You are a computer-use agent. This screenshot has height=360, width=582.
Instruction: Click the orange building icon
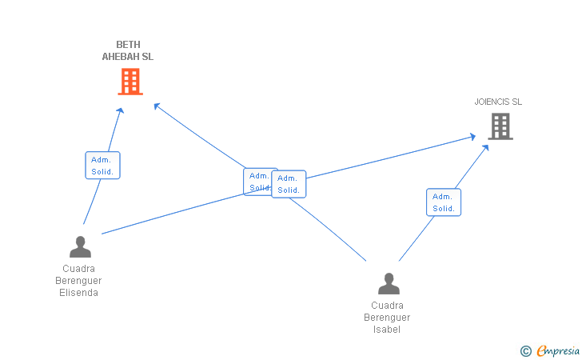click(130, 82)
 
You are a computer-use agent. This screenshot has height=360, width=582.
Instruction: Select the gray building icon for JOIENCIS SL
click(500, 126)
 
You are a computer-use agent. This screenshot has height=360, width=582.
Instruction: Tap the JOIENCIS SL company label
click(498, 102)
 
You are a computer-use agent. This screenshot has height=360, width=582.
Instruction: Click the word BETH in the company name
click(128, 45)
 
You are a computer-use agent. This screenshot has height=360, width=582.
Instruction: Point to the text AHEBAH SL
click(128, 57)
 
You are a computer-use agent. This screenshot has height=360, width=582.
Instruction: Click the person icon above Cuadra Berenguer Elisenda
click(80, 246)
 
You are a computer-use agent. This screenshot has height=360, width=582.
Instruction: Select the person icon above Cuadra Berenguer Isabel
click(389, 283)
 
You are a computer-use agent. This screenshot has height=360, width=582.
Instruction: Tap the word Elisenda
click(78, 293)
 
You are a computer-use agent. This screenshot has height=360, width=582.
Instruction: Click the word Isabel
click(387, 330)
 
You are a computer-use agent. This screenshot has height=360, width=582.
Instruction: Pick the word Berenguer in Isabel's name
click(387, 318)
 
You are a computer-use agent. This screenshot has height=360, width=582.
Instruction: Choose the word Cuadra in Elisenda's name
click(78, 269)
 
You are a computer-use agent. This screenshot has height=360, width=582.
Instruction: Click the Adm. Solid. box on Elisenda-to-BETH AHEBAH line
click(102, 166)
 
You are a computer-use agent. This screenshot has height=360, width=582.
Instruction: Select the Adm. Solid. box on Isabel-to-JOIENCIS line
click(444, 202)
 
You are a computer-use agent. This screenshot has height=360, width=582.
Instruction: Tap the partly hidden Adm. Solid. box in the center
click(257, 182)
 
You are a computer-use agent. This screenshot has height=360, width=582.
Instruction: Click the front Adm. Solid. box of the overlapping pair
click(289, 184)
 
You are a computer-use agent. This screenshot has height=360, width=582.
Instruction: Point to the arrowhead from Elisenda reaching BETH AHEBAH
click(120, 110)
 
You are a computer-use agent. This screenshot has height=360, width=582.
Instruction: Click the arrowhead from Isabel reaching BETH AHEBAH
click(157, 106)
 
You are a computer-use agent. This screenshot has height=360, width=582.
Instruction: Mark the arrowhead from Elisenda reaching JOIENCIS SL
click(472, 137)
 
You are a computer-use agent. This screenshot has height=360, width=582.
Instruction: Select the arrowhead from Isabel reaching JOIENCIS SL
click(485, 147)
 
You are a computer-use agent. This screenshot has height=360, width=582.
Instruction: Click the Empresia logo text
click(558, 350)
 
